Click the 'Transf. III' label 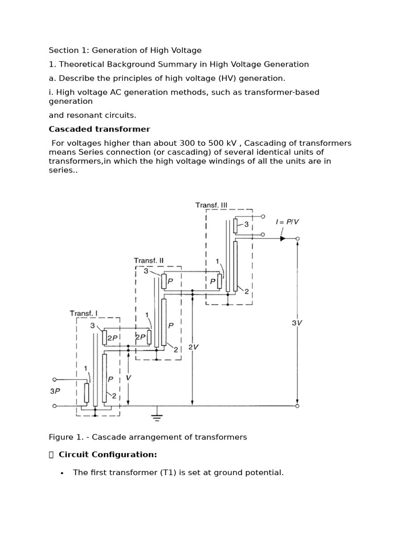pyautogui.click(x=211, y=205)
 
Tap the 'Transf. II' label pyautogui.click(x=149, y=260)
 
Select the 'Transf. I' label pyautogui.click(x=83, y=313)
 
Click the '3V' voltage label pyautogui.click(x=297, y=323)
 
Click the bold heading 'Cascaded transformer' pyautogui.click(x=99, y=129)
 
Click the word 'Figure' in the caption pyautogui.click(x=61, y=437)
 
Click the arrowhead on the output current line pyautogui.click(x=282, y=239)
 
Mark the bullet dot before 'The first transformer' pyautogui.click(x=62, y=473)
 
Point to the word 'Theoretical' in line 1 pyautogui.click(x=82, y=65)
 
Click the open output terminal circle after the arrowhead pyautogui.click(x=298, y=239)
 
